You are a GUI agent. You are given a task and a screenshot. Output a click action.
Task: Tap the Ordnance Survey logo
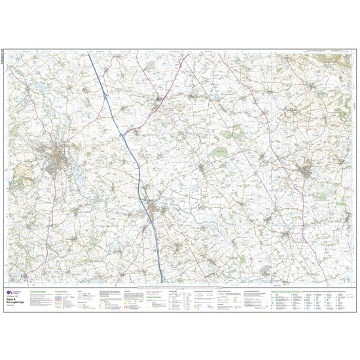point(9,294)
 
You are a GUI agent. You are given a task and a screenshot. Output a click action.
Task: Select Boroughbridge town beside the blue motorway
point(156,209)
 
